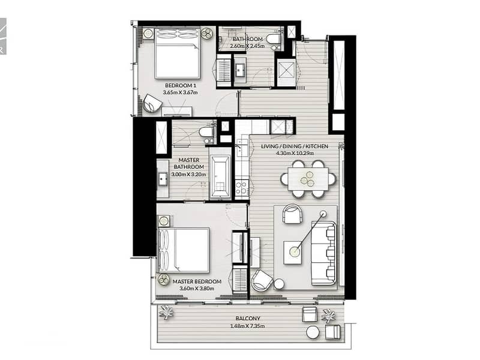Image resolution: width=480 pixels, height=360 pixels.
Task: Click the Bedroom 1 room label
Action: coord(181,85)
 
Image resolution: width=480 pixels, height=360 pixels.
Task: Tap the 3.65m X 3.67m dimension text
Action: coord(181,92)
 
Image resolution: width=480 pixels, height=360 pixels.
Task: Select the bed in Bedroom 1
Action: coord(178,53)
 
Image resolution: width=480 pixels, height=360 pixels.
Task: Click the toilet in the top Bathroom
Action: coord(273,39)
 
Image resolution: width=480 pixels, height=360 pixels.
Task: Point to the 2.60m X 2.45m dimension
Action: coord(247,46)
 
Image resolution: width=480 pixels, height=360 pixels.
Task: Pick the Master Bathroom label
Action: coord(189,163)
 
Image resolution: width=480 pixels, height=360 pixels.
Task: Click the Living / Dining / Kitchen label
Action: coord(295,146)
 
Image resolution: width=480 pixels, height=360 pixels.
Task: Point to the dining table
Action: coord(308,179)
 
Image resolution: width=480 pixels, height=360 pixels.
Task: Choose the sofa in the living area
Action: coord(323,253)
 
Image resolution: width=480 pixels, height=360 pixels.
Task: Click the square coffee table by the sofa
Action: coord(295,252)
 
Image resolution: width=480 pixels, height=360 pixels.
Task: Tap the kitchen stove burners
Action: coord(242,187)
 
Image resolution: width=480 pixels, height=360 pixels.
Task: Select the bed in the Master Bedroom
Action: coord(184,250)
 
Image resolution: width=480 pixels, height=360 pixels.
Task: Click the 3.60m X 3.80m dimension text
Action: coord(197,289)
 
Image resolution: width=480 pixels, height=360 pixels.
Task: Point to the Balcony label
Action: coord(248,319)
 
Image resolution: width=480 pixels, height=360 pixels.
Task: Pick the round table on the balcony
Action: coord(313,332)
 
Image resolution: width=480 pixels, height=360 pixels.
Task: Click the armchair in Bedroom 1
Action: coord(152,104)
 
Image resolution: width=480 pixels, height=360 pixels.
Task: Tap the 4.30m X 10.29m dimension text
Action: coord(296,154)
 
